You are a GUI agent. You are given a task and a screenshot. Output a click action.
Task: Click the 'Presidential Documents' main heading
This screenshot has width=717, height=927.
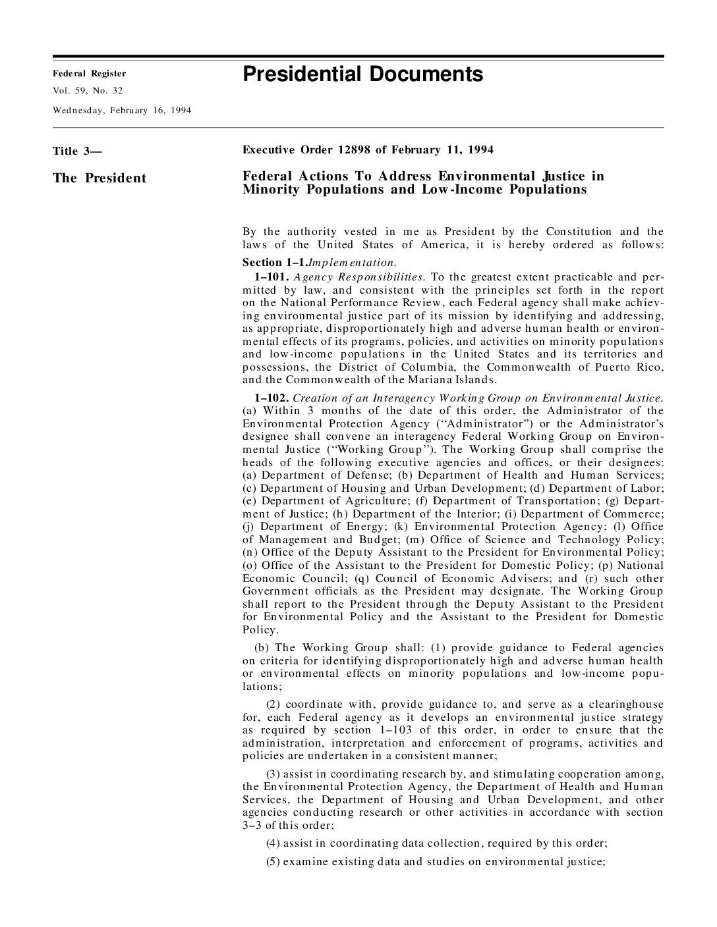362,74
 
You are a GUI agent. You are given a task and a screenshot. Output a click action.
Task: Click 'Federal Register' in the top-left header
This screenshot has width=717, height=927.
89,74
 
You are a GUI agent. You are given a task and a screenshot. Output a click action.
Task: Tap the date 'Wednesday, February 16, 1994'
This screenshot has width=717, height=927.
122,110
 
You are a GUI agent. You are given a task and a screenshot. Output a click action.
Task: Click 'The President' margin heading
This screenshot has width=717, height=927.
100,178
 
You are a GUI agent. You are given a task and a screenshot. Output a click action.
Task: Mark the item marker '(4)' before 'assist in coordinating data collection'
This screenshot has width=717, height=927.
273,843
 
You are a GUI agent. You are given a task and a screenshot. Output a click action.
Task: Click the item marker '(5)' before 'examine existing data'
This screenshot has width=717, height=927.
273,862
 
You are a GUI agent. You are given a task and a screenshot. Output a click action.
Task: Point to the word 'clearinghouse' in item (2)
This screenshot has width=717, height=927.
620,704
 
